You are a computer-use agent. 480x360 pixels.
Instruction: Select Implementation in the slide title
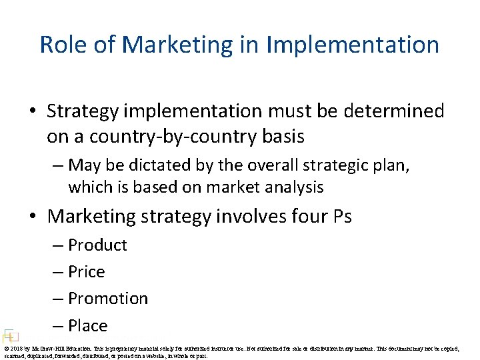pos(353,45)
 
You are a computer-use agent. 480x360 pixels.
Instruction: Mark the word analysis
pos(291,187)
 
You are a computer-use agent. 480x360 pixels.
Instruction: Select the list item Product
pos(97,245)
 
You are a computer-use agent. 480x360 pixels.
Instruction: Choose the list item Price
pos(87,272)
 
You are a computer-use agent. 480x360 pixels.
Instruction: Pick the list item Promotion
pos(108,299)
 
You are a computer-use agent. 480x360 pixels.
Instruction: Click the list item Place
pos(87,326)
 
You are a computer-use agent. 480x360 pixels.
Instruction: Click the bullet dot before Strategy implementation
pos(35,111)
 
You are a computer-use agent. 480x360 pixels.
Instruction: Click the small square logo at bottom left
pos(9,335)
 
